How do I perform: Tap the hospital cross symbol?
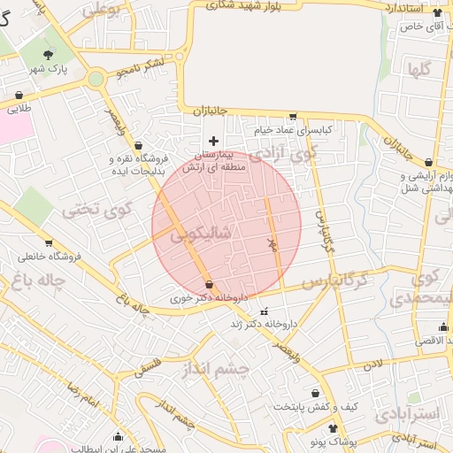pos(213,140)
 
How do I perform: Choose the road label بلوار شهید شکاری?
pos(275,7)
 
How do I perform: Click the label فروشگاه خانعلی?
pos(52,257)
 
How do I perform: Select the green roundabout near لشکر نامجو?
pos(95,80)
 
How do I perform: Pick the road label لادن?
pos(374,364)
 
